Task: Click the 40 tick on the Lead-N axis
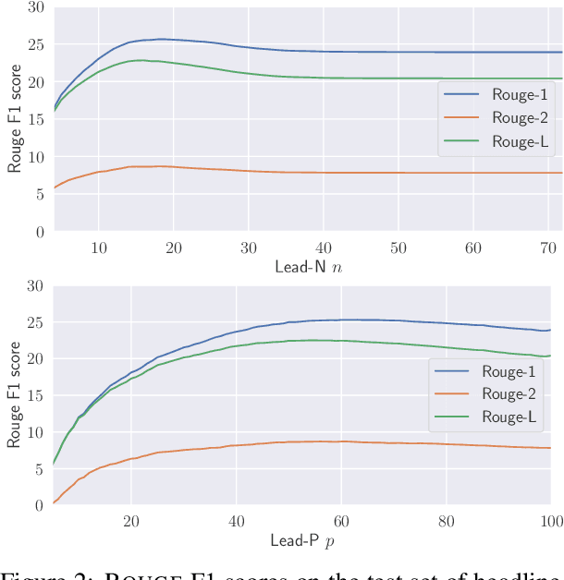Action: [323, 248]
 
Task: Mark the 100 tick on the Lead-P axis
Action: [549, 521]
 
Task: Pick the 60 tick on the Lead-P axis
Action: [340, 521]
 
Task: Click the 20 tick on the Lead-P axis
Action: [130, 521]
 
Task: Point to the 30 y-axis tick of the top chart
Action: [34, 7]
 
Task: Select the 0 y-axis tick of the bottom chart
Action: [38, 505]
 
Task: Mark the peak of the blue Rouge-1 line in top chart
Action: [161, 39]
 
